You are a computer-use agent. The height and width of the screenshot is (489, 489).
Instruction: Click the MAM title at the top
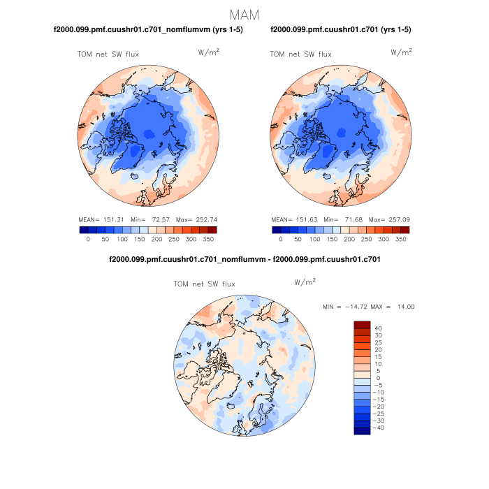[244, 14]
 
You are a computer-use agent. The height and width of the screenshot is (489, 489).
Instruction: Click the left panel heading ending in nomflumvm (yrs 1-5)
[148, 29]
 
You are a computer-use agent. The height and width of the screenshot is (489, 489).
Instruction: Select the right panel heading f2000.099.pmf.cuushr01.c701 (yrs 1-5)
[340, 29]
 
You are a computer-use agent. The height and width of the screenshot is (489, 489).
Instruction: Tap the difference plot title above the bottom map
[245, 260]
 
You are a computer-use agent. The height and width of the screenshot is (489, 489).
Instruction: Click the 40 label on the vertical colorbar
[378, 328]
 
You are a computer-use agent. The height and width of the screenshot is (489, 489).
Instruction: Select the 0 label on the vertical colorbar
[377, 378]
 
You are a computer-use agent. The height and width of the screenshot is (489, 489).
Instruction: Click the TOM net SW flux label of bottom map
[204, 284]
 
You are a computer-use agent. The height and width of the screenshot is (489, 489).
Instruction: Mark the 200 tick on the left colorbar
[156, 239]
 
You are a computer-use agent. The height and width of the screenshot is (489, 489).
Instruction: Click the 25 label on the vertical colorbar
[378, 342]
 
